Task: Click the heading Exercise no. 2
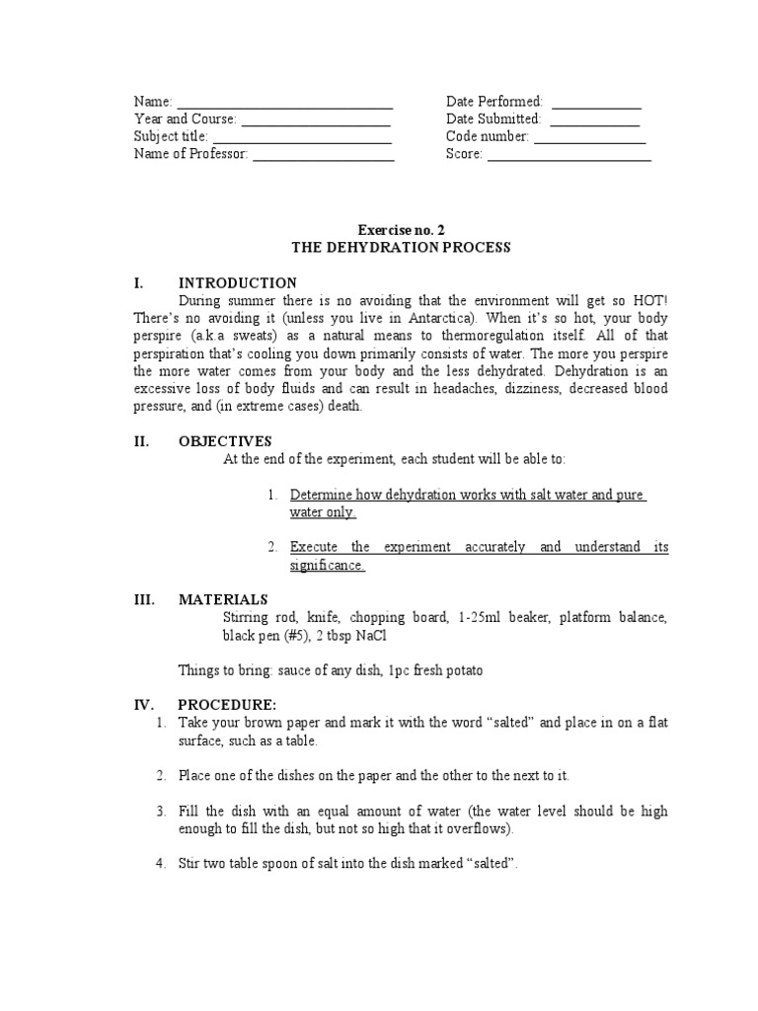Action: pyautogui.click(x=395, y=229)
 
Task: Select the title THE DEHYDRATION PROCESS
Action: pyautogui.click(x=395, y=248)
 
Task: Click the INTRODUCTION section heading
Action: pyautogui.click(x=237, y=283)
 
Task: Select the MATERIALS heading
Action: pyautogui.click(x=222, y=599)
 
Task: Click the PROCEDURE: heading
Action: pyautogui.click(x=227, y=705)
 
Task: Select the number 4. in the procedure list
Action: pyautogui.click(x=161, y=863)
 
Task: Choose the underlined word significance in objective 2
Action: pyautogui.click(x=327, y=566)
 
